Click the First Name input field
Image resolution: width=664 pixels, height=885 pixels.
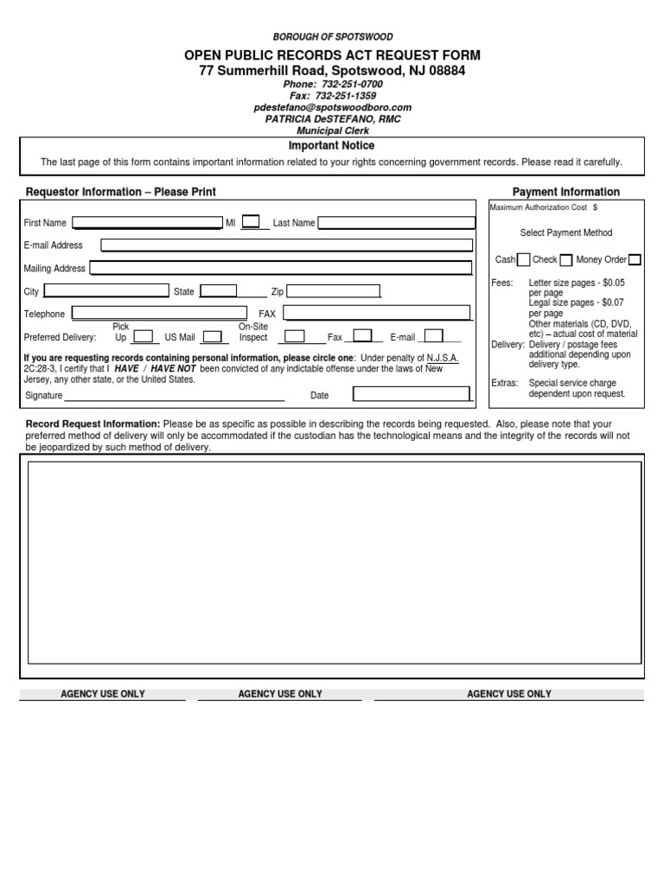pyautogui.click(x=148, y=223)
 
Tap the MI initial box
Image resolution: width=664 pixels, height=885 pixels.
pyautogui.click(x=251, y=222)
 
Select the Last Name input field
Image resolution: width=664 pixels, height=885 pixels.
pyautogui.click(x=396, y=223)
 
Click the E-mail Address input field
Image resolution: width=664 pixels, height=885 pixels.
pyautogui.click(x=287, y=245)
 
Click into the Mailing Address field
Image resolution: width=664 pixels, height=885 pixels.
pyautogui.click(x=281, y=268)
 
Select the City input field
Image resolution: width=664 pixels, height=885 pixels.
pyautogui.click(x=106, y=291)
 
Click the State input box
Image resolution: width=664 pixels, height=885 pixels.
pyautogui.click(x=219, y=291)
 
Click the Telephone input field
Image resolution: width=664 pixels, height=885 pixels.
pyautogui.click(x=160, y=313)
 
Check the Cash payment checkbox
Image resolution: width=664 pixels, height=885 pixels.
pyautogui.click(x=523, y=259)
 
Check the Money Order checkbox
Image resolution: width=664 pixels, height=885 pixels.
pyautogui.click(x=635, y=259)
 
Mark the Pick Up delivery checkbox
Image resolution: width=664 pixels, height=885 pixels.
pyautogui.click(x=144, y=336)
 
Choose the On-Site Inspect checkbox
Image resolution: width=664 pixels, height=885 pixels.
pyautogui.click(x=295, y=336)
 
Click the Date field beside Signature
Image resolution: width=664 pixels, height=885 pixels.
pyautogui.click(x=412, y=395)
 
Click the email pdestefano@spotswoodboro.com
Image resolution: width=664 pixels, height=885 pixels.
pyautogui.click(x=332, y=107)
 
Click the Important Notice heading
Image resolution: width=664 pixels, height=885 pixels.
pyautogui.click(x=331, y=146)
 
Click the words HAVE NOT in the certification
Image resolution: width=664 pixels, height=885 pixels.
pyautogui.click(x=173, y=368)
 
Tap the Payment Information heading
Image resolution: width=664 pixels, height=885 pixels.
pyautogui.click(x=565, y=192)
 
